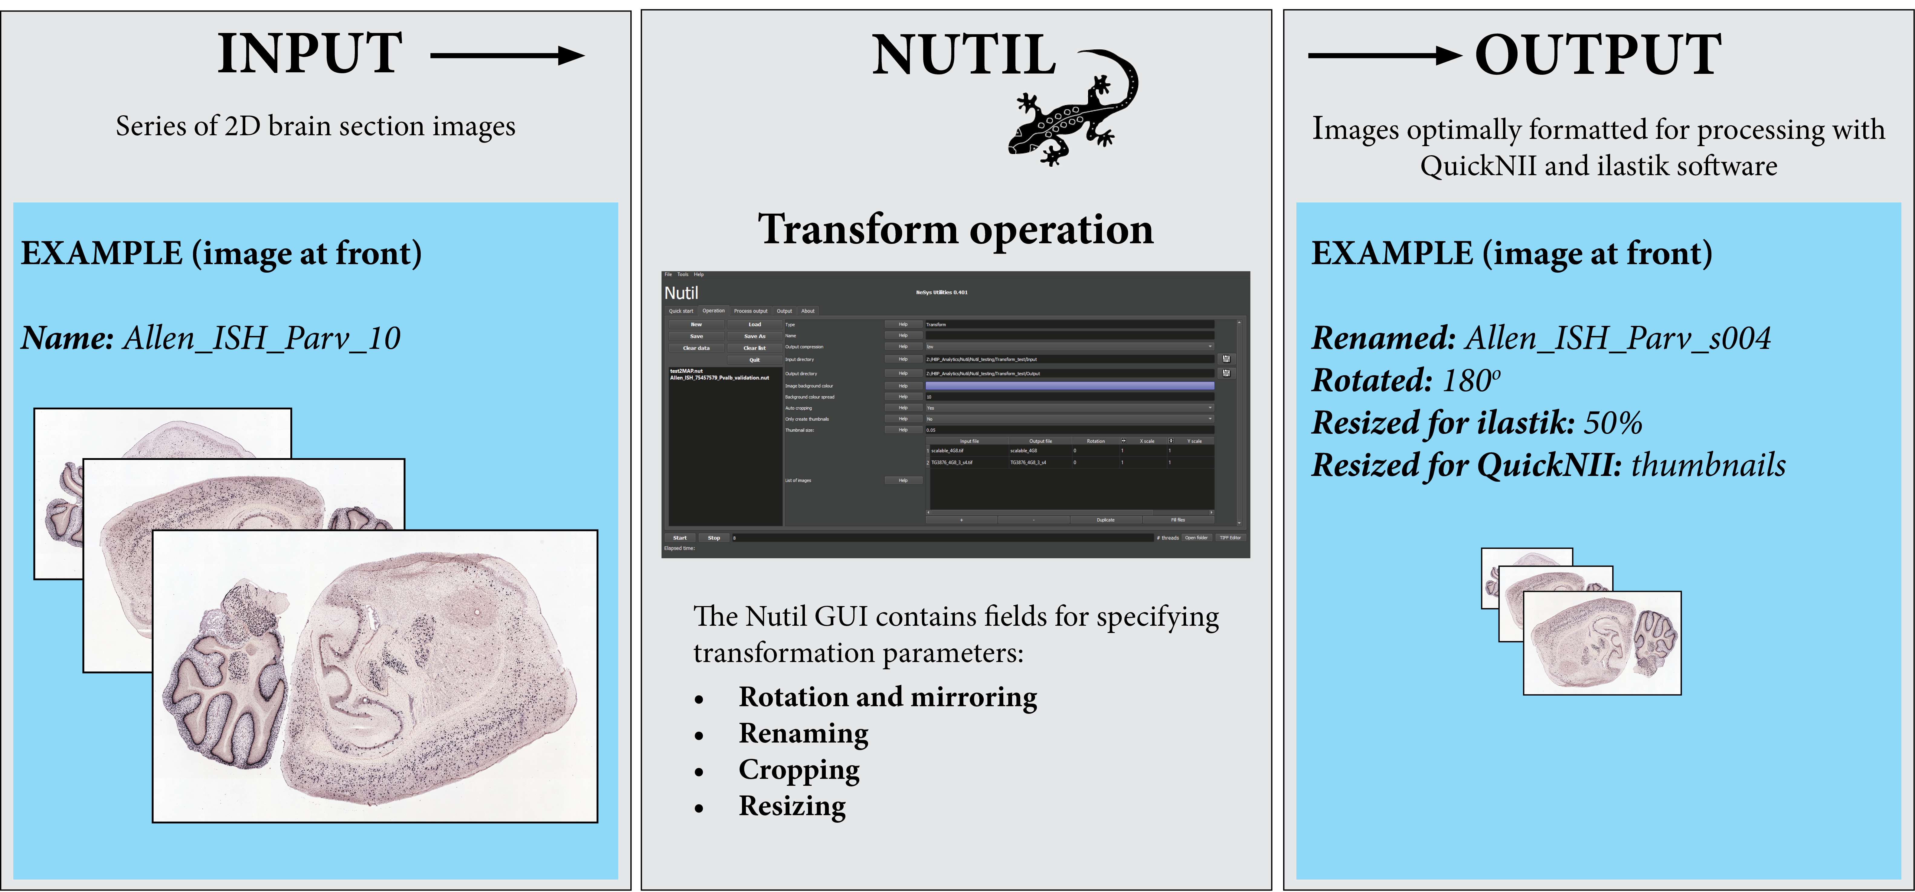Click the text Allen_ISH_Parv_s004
[1618, 338]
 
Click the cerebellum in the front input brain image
[227, 677]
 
